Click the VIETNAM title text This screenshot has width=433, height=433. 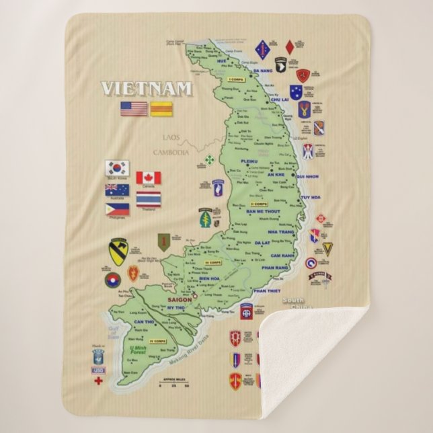tap(147, 89)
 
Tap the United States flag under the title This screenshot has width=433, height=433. tap(133, 108)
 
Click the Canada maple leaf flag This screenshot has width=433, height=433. tap(148, 178)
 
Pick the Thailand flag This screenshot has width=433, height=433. tap(148, 200)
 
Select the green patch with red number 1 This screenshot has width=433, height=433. tap(162, 241)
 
